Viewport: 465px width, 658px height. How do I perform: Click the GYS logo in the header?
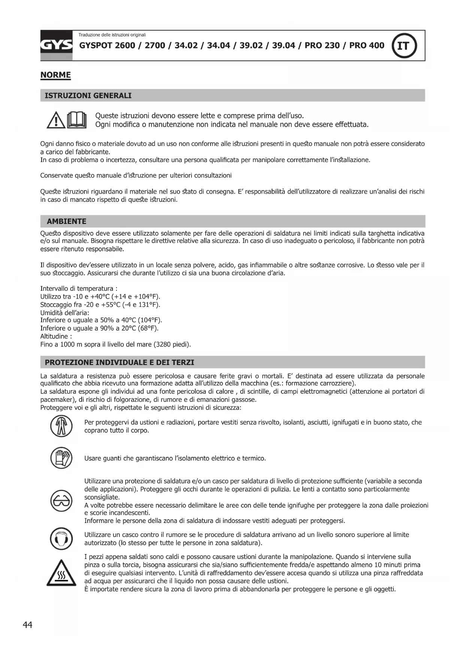click(56, 45)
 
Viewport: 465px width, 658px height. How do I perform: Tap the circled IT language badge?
click(404, 46)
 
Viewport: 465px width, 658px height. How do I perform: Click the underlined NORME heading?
click(55, 75)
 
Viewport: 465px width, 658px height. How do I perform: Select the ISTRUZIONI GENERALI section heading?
click(88, 96)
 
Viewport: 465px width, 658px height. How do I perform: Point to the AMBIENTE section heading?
click(66, 221)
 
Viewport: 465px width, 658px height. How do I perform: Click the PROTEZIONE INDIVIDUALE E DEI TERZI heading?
click(120, 362)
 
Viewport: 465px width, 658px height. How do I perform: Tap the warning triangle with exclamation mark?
click(55, 120)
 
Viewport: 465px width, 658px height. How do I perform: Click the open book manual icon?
click(77, 120)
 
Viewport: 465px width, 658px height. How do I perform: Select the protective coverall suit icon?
click(61, 427)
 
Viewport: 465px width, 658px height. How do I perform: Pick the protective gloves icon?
click(61, 458)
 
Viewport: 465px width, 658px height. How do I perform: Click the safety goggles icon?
click(61, 500)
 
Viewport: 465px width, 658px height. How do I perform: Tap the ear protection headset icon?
click(61, 539)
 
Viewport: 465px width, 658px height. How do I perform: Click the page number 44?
click(28, 625)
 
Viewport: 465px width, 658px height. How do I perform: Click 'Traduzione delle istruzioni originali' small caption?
click(112, 35)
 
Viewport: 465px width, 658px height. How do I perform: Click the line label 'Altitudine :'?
click(56, 336)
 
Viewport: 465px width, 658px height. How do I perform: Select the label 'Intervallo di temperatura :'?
click(79, 288)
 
